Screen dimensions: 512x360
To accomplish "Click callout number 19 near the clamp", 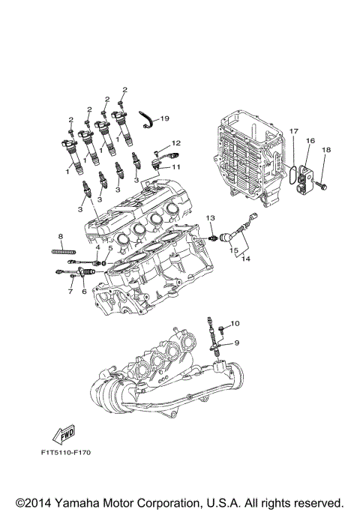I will pyautogui.click(x=165, y=118).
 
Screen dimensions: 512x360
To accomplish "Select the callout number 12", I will pyautogui.click(x=177, y=142).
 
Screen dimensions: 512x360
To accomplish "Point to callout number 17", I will pyautogui.click(x=293, y=130).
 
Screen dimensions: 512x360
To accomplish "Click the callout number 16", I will pyautogui.click(x=310, y=140).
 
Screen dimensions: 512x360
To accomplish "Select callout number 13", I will pyautogui.click(x=211, y=218).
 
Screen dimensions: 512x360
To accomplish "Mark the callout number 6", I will pyautogui.click(x=84, y=290).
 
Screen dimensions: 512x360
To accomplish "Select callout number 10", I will pyautogui.click(x=233, y=323).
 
